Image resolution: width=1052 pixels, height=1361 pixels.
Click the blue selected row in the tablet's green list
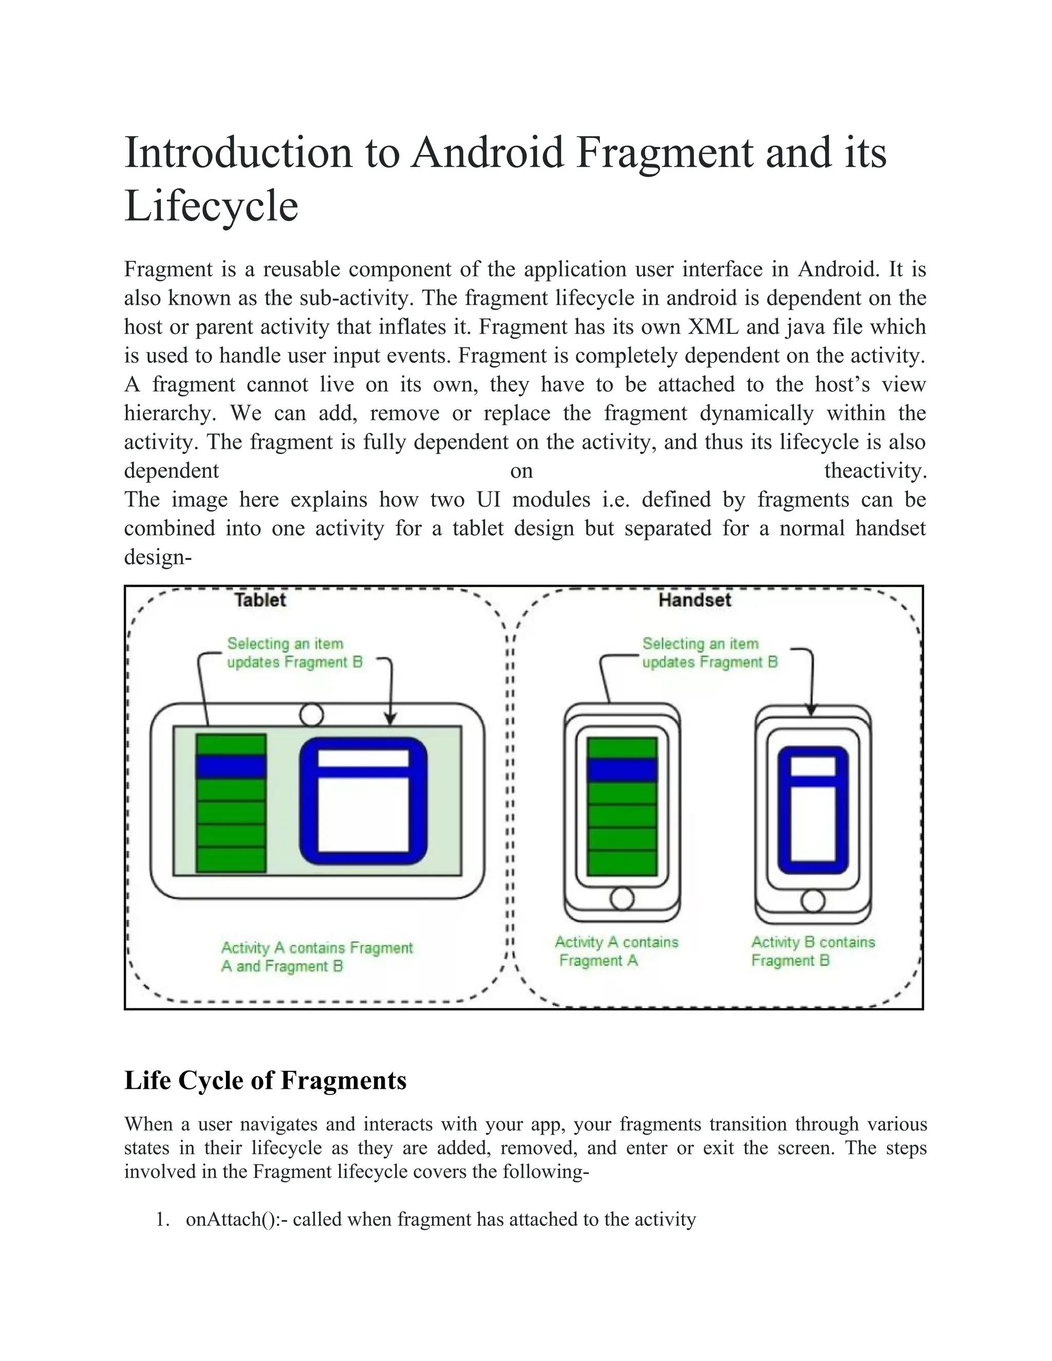(231, 766)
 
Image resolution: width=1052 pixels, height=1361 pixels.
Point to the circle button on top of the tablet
(312, 714)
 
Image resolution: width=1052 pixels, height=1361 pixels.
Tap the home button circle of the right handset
(813, 900)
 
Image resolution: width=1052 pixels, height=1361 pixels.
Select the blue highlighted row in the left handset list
(622, 770)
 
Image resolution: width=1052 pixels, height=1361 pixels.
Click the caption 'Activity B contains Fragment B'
(812, 951)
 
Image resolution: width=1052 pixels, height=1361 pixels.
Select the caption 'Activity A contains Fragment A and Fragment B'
(316, 957)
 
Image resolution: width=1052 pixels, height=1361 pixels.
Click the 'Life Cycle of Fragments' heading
(266, 1081)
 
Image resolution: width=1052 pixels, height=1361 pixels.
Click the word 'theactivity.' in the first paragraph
(875, 470)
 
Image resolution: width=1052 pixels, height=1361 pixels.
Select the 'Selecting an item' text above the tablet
(285, 643)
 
